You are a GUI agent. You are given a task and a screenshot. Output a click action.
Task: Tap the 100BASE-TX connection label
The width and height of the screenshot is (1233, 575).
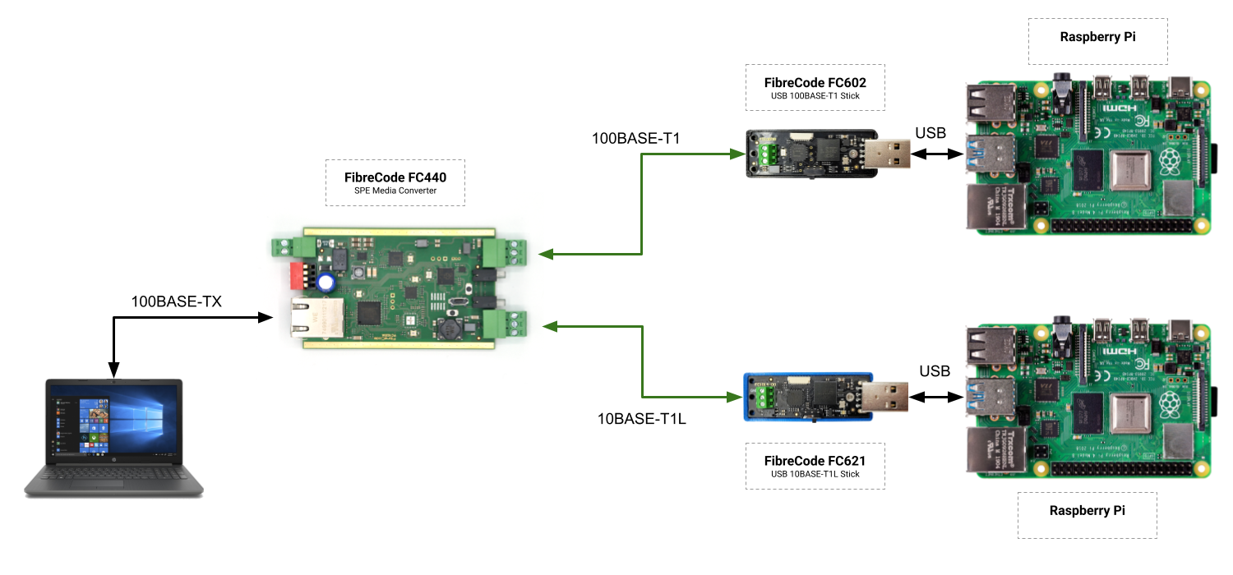(177, 301)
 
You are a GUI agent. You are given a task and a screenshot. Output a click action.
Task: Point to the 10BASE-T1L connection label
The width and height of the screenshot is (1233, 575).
(641, 419)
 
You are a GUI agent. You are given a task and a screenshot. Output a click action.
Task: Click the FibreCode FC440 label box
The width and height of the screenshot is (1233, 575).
(395, 182)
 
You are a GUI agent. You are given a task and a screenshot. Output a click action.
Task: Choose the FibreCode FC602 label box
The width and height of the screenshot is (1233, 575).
(815, 87)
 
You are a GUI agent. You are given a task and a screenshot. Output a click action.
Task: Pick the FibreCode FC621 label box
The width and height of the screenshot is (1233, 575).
(815, 466)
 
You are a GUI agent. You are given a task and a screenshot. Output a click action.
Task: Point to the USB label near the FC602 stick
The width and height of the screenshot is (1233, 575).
(931, 133)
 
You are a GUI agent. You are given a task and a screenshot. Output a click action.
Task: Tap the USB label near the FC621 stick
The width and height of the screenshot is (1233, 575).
(935, 371)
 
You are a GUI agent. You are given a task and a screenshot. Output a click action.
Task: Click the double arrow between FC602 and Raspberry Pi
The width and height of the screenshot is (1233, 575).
(937, 154)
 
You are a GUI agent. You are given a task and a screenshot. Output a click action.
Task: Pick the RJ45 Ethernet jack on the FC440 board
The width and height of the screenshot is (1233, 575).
(310, 318)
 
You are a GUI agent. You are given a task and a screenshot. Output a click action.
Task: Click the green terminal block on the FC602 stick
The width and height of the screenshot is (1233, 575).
(769, 154)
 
